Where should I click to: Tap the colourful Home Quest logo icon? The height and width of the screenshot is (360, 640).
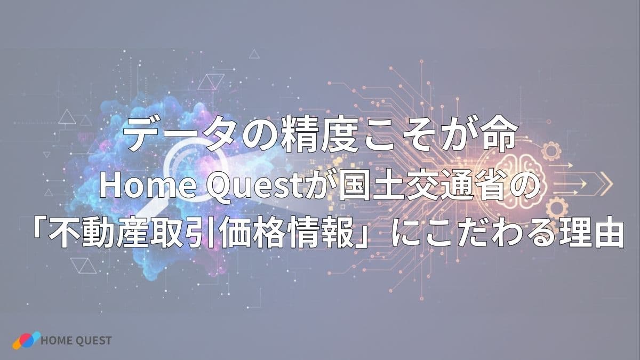point(26,340)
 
